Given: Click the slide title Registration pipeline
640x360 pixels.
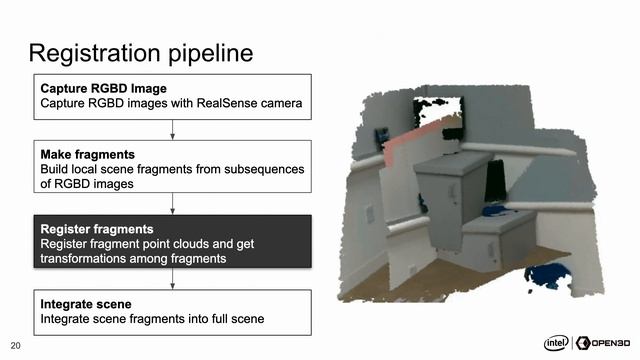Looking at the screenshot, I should pos(140,51).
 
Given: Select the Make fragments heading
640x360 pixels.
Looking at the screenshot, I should pos(87,155).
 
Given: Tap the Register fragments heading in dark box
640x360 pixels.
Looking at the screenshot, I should pos(97,228).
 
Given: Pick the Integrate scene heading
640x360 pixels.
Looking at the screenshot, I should pos(85,303).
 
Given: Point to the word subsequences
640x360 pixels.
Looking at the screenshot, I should pos(255,169).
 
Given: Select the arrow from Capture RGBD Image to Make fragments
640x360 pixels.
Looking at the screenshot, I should pos(174,128).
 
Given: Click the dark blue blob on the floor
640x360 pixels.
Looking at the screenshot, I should pos(548,273).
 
